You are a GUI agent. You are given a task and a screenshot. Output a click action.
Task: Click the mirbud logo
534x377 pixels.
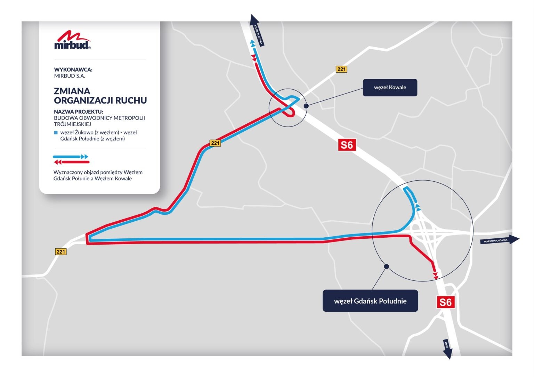pyautogui.click(x=72, y=40)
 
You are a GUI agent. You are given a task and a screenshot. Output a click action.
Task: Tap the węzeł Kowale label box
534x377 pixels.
pyautogui.click(x=390, y=88)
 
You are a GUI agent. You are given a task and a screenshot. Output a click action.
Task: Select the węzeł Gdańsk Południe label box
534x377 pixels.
pyautogui.click(x=370, y=301)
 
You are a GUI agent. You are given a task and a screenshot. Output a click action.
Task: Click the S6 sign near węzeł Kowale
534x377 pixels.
pyautogui.click(x=347, y=145)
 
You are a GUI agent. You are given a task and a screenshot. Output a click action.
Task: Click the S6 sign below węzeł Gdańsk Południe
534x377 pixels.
pyautogui.click(x=445, y=302)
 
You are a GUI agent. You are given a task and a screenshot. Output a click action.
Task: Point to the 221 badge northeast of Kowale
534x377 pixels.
pyautogui.click(x=341, y=69)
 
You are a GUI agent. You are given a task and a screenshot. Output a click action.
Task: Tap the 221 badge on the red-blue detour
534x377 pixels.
pyautogui.click(x=215, y=143)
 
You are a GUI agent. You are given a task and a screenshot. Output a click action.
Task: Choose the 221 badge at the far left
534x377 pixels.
pyautogui.click(x=61, y=252)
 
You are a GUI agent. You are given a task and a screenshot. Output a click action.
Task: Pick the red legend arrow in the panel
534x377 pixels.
pyautogui.click(x=72, y=162)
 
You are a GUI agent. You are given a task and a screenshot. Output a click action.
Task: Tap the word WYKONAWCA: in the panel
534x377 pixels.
pyautogui.click(x=73, y=69)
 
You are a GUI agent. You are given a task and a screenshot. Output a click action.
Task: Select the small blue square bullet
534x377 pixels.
pyautogui.click(x=56, y=133)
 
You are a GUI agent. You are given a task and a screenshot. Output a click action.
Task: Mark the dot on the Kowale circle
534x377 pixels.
pyautogui.click(x=306, y=106)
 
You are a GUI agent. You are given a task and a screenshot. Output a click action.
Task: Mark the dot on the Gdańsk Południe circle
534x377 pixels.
pyautogui.click(x=386, y=267)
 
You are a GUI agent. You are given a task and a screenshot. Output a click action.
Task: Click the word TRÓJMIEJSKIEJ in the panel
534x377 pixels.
pyautogui.click(x=72, y=124)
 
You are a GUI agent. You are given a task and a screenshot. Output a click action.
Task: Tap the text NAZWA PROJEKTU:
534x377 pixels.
pyautogui.click(x=79, y=112)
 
